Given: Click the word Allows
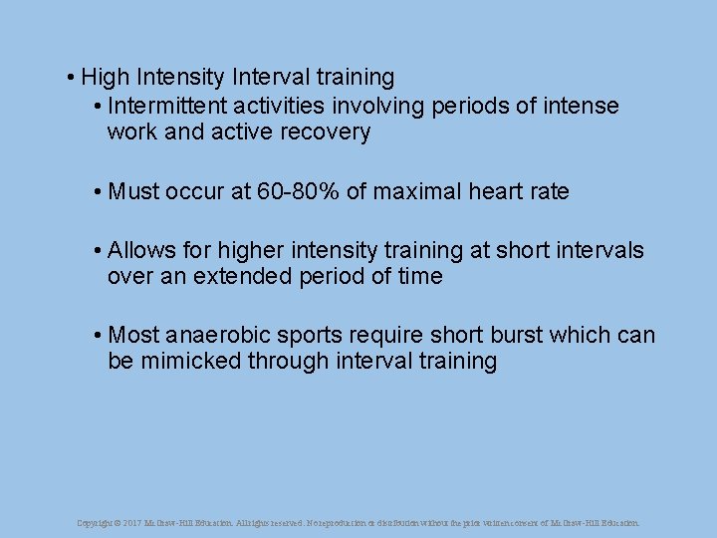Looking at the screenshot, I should pos(140,250).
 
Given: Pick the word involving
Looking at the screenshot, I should pos(384,106).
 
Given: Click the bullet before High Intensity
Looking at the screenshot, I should pos(73,78).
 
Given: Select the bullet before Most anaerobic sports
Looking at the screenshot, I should pos(99,336).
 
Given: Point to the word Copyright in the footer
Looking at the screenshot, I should pos(95,522).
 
